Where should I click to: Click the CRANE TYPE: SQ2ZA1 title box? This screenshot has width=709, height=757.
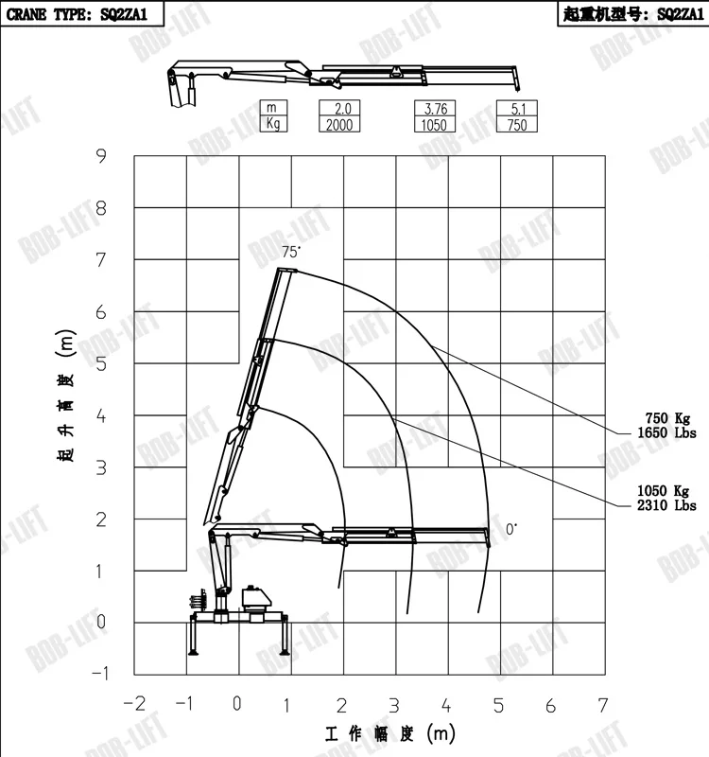[x=82, y=13]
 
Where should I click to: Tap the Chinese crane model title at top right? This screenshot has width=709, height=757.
[x=632, y=14]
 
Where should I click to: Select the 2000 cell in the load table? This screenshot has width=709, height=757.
[x=339, y=125]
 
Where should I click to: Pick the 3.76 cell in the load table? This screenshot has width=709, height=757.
[x=435, y=108]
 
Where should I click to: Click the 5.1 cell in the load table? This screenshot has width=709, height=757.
[x=517, y=108]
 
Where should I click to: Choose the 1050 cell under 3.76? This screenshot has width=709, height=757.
[x=435, y=125]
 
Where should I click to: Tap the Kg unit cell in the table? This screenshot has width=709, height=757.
[x=273, y=124]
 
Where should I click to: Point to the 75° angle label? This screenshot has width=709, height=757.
[x=291, y=252]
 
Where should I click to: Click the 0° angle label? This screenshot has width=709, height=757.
[x=511, y=529]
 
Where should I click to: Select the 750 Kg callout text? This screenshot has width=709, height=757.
[x=667, y=418]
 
